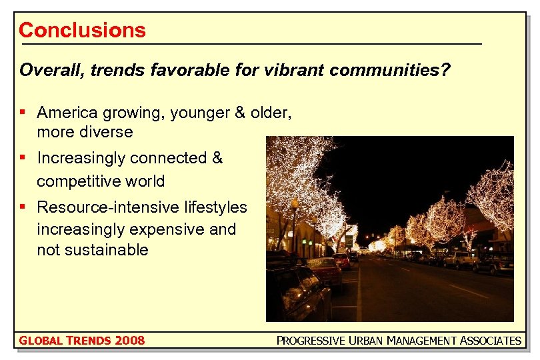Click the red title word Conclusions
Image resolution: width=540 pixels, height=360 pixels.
[x=82, y=30]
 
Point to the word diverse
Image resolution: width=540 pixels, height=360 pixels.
[x=106, y=132]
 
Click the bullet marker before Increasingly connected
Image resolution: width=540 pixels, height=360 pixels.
[x=23, y=158]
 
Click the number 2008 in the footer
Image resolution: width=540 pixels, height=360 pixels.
[x=129, y=341]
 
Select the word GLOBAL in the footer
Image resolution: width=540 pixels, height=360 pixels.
[x=37, y=341]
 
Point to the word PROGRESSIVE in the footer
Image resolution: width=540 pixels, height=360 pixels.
[x=311, y=341]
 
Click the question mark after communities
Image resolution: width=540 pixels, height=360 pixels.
[x=445, y=70]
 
